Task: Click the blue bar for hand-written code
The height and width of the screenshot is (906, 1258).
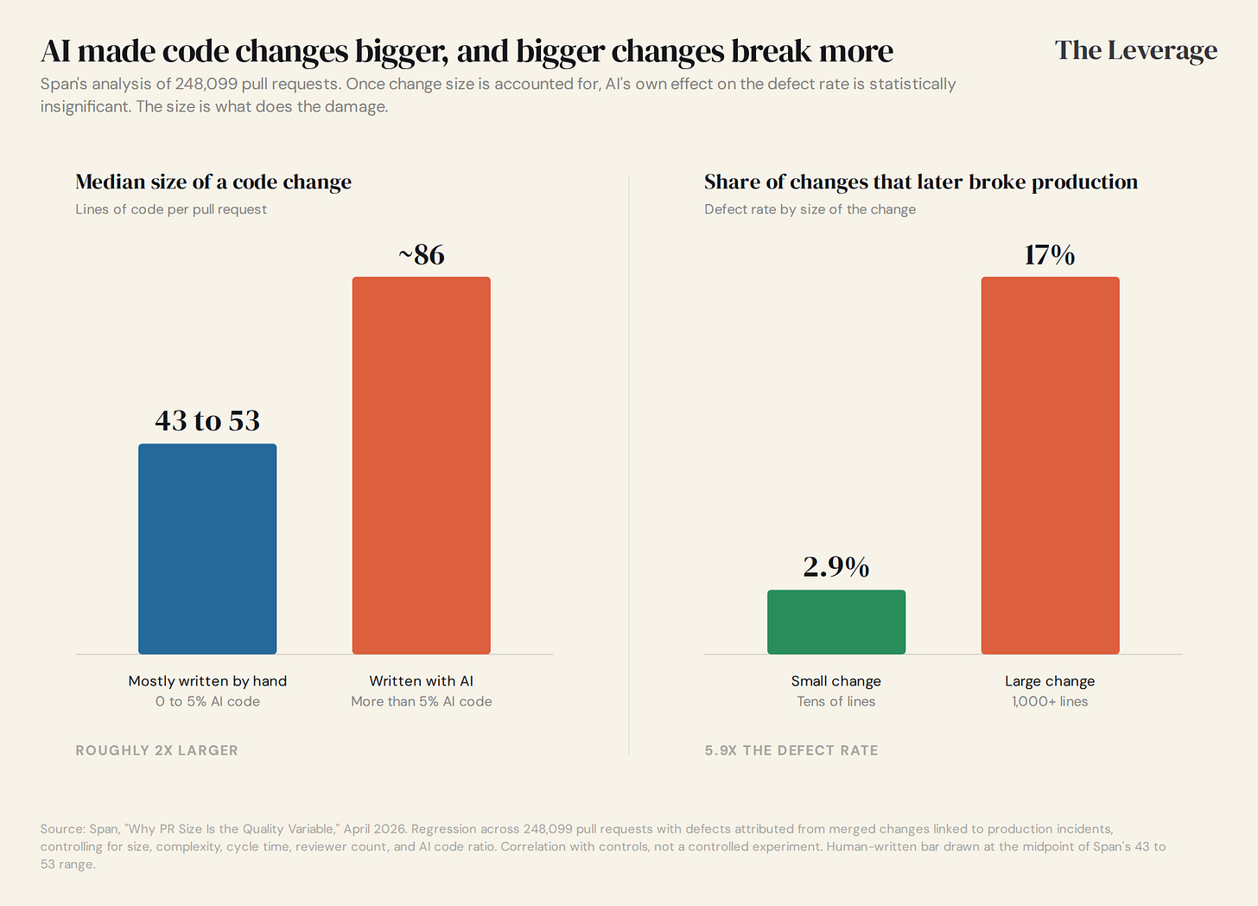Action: point(207,549)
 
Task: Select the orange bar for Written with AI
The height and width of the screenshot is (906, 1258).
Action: point(422,465)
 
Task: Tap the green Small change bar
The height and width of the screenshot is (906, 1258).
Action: point(836,622)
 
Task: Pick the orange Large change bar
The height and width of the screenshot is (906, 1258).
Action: point(1051,465)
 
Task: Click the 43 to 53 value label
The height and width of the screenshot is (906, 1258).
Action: point(207,420)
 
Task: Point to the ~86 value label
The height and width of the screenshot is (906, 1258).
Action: point(422,255)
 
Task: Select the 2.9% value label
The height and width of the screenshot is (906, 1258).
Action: point(836,566)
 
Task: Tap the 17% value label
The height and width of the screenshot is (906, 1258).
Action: point(1050,255)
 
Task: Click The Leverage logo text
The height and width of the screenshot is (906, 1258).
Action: point(1136,51)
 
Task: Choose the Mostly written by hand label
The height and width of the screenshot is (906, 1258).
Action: point(207,681)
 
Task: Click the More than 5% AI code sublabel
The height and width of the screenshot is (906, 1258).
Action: point(422,701)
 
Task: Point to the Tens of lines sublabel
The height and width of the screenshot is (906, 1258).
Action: point(836,701)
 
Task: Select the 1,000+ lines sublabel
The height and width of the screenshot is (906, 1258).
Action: point(1050,701)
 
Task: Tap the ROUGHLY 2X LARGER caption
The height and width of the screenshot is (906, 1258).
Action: point(156,750)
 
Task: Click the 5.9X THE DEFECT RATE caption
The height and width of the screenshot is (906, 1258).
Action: point(791,750)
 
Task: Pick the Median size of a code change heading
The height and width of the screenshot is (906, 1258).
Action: point(213,182)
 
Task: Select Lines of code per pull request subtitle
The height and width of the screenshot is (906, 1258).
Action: point(171,209)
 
